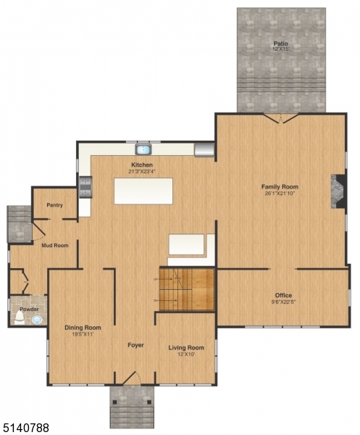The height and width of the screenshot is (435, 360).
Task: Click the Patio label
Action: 280,44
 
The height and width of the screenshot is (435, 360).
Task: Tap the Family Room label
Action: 280,187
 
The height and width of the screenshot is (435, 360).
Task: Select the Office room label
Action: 283,295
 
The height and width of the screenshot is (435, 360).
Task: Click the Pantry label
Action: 55,205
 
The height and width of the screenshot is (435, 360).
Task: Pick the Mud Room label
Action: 54,246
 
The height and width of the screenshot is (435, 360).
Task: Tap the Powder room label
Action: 29,309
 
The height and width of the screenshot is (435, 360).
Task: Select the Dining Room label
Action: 83,328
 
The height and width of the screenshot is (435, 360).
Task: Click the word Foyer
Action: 135,345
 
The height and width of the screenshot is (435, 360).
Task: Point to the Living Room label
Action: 186,348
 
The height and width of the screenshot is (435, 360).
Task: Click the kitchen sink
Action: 143,150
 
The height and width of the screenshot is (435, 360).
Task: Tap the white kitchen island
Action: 143,191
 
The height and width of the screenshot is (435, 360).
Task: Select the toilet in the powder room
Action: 20,317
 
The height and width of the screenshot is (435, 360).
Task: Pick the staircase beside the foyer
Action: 187,289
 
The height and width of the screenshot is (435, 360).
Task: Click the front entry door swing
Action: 130,378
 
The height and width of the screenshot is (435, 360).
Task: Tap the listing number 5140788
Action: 26,428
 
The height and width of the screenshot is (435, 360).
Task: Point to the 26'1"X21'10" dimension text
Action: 280,194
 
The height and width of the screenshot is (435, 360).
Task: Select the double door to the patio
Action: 280,117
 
